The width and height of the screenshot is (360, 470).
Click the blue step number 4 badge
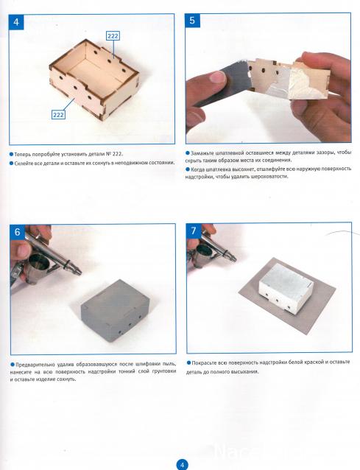pos(16,22)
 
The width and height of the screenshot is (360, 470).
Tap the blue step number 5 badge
pos(192,21)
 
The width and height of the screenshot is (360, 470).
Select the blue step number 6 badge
pos(18,232)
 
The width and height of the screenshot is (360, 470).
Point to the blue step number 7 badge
pos(194,231)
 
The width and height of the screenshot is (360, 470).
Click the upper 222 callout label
pos(113,36)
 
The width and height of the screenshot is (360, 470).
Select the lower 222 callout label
pos(58,114)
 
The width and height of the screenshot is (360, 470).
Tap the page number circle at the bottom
pos(182,465)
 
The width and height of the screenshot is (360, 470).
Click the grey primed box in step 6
pos(116,311)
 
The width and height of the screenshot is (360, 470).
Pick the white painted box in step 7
pos(286,289)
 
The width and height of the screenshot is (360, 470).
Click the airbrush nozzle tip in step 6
pos(80,273)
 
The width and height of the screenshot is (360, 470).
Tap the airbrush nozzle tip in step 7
pos(235,258)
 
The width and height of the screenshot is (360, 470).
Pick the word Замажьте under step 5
pos(201,152)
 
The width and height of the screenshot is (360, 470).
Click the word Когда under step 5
pos(197,169)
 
